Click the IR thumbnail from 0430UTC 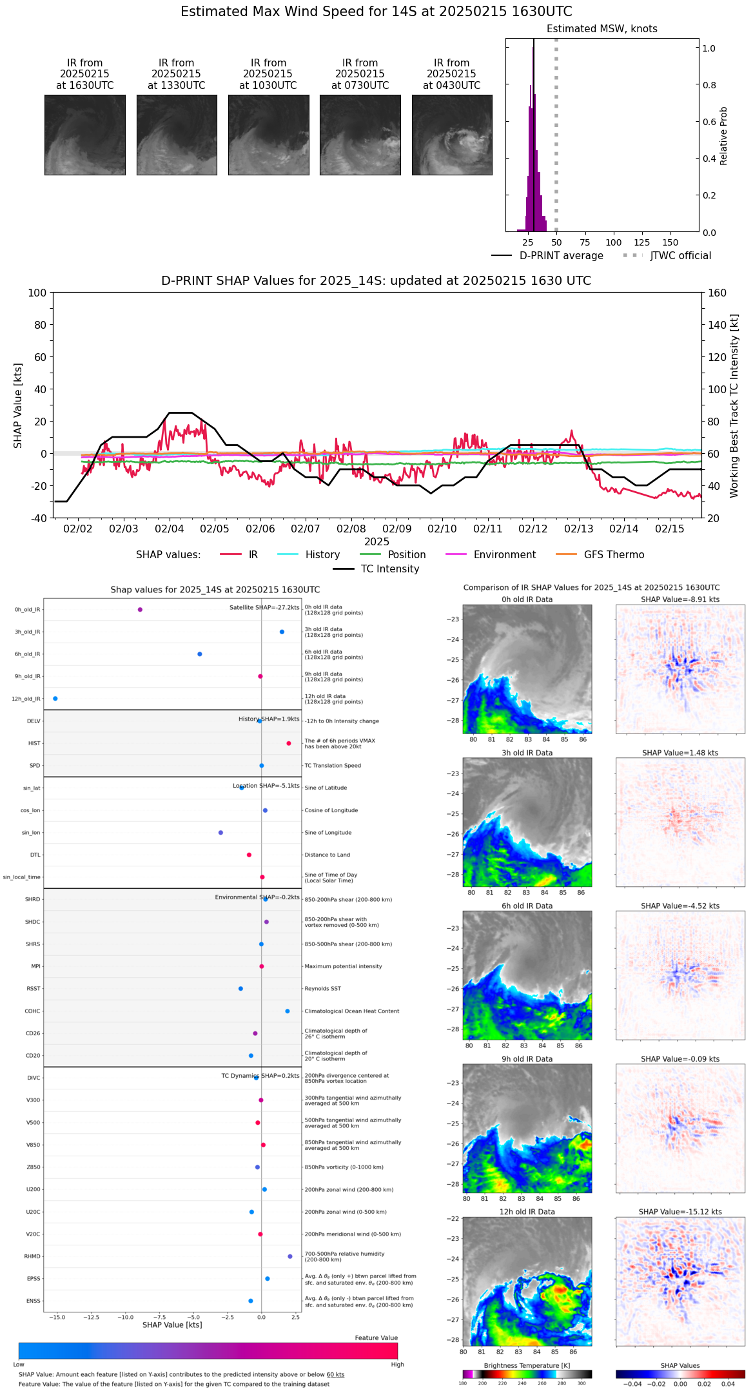452,135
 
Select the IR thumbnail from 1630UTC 85,135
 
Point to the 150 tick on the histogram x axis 670,243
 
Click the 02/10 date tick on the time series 442,529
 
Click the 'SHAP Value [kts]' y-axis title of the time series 18,405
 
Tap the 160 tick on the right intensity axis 718,293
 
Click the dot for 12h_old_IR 55,699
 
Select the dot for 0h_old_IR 140,609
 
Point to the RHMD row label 32,1256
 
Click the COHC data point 288,1011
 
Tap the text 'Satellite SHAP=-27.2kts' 264,608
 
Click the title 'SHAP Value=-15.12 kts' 680,1212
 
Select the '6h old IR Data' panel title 527,906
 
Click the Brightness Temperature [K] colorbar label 527,1365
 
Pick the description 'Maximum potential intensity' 343,966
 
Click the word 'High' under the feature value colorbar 397,1364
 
